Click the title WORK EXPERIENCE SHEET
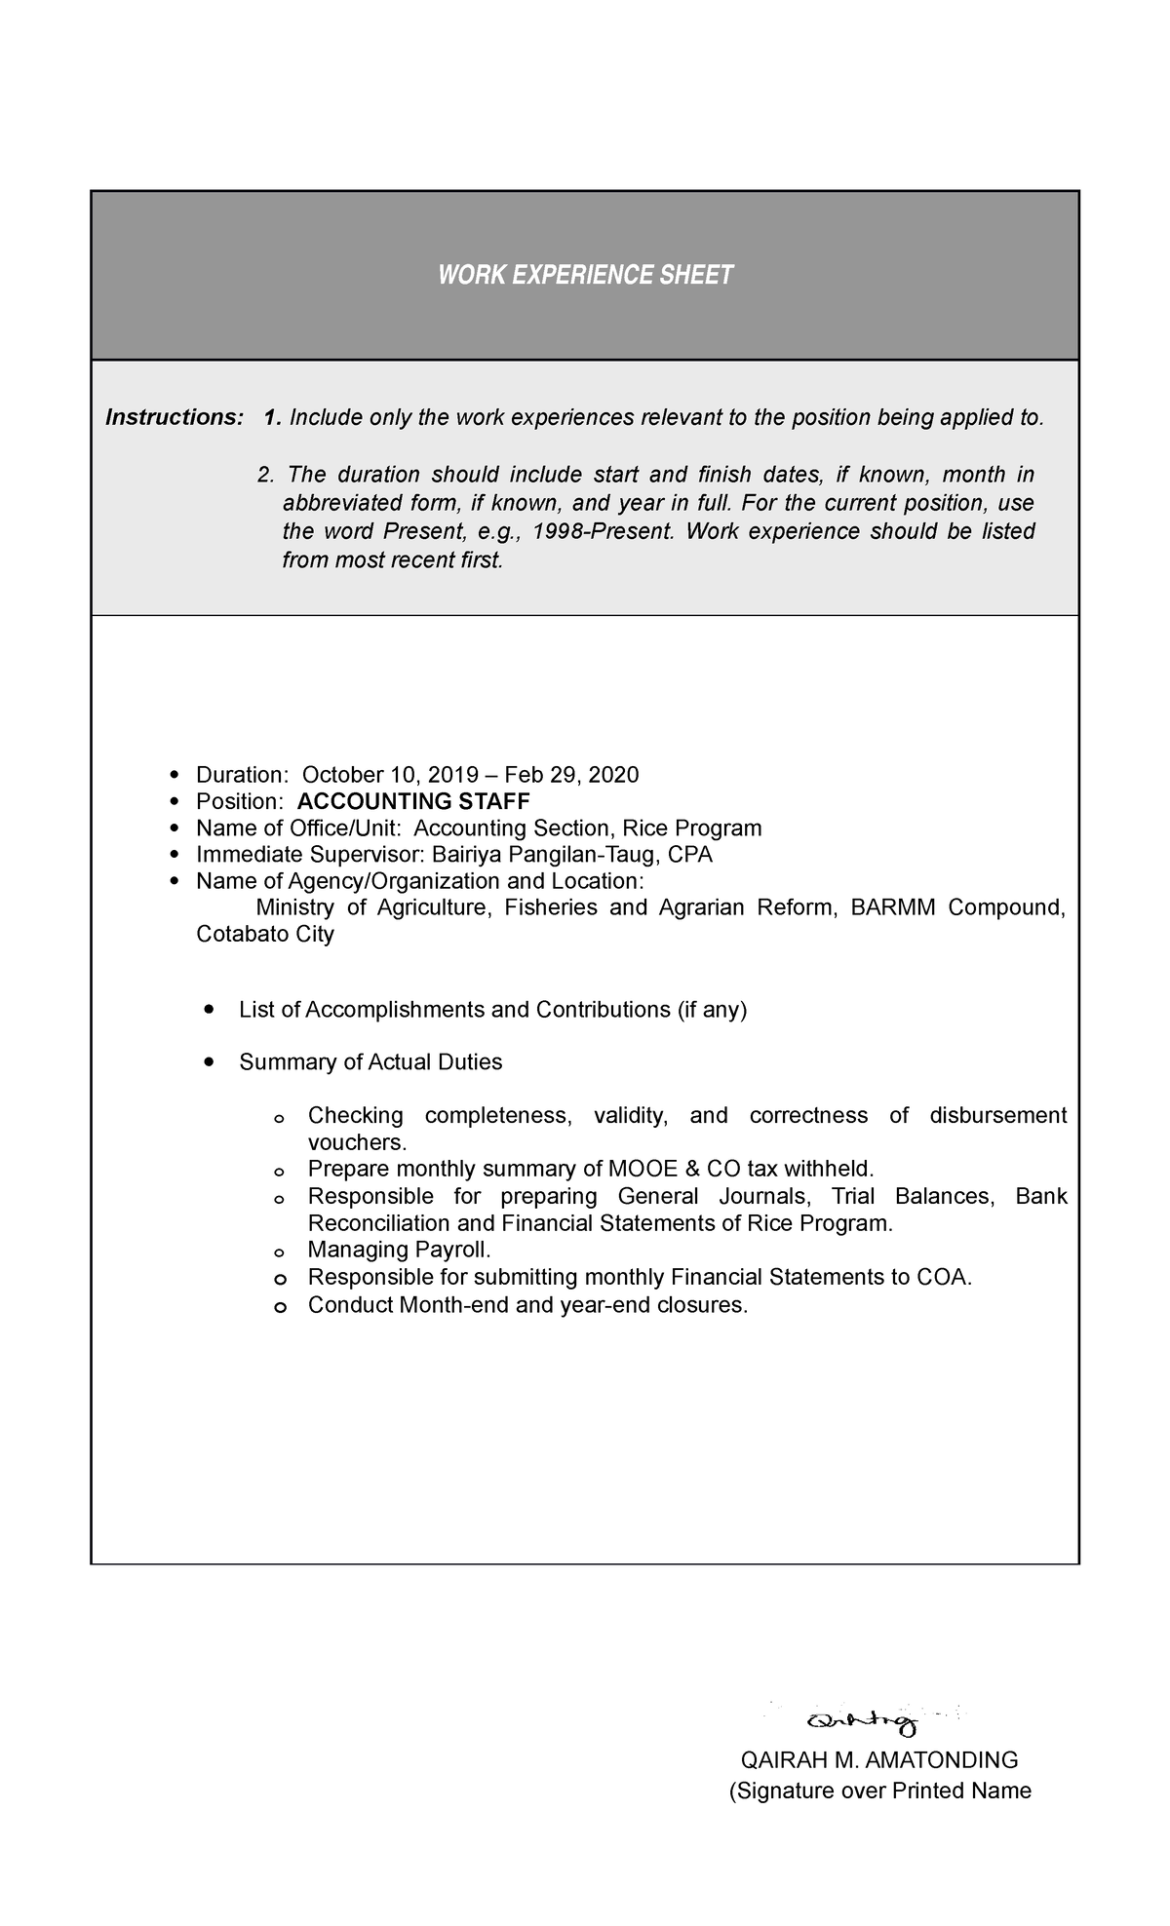tap(585, 276)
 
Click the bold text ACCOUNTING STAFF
tap(413, 802)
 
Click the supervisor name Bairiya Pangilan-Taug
tap(542, 856)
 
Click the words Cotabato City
tap(265, 935)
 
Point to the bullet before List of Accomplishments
tap(209, 1010)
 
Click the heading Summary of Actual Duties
tap(370, 1062)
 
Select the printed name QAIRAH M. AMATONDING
tap(879, 1760)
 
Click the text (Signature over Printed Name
tap(879, 1791)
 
